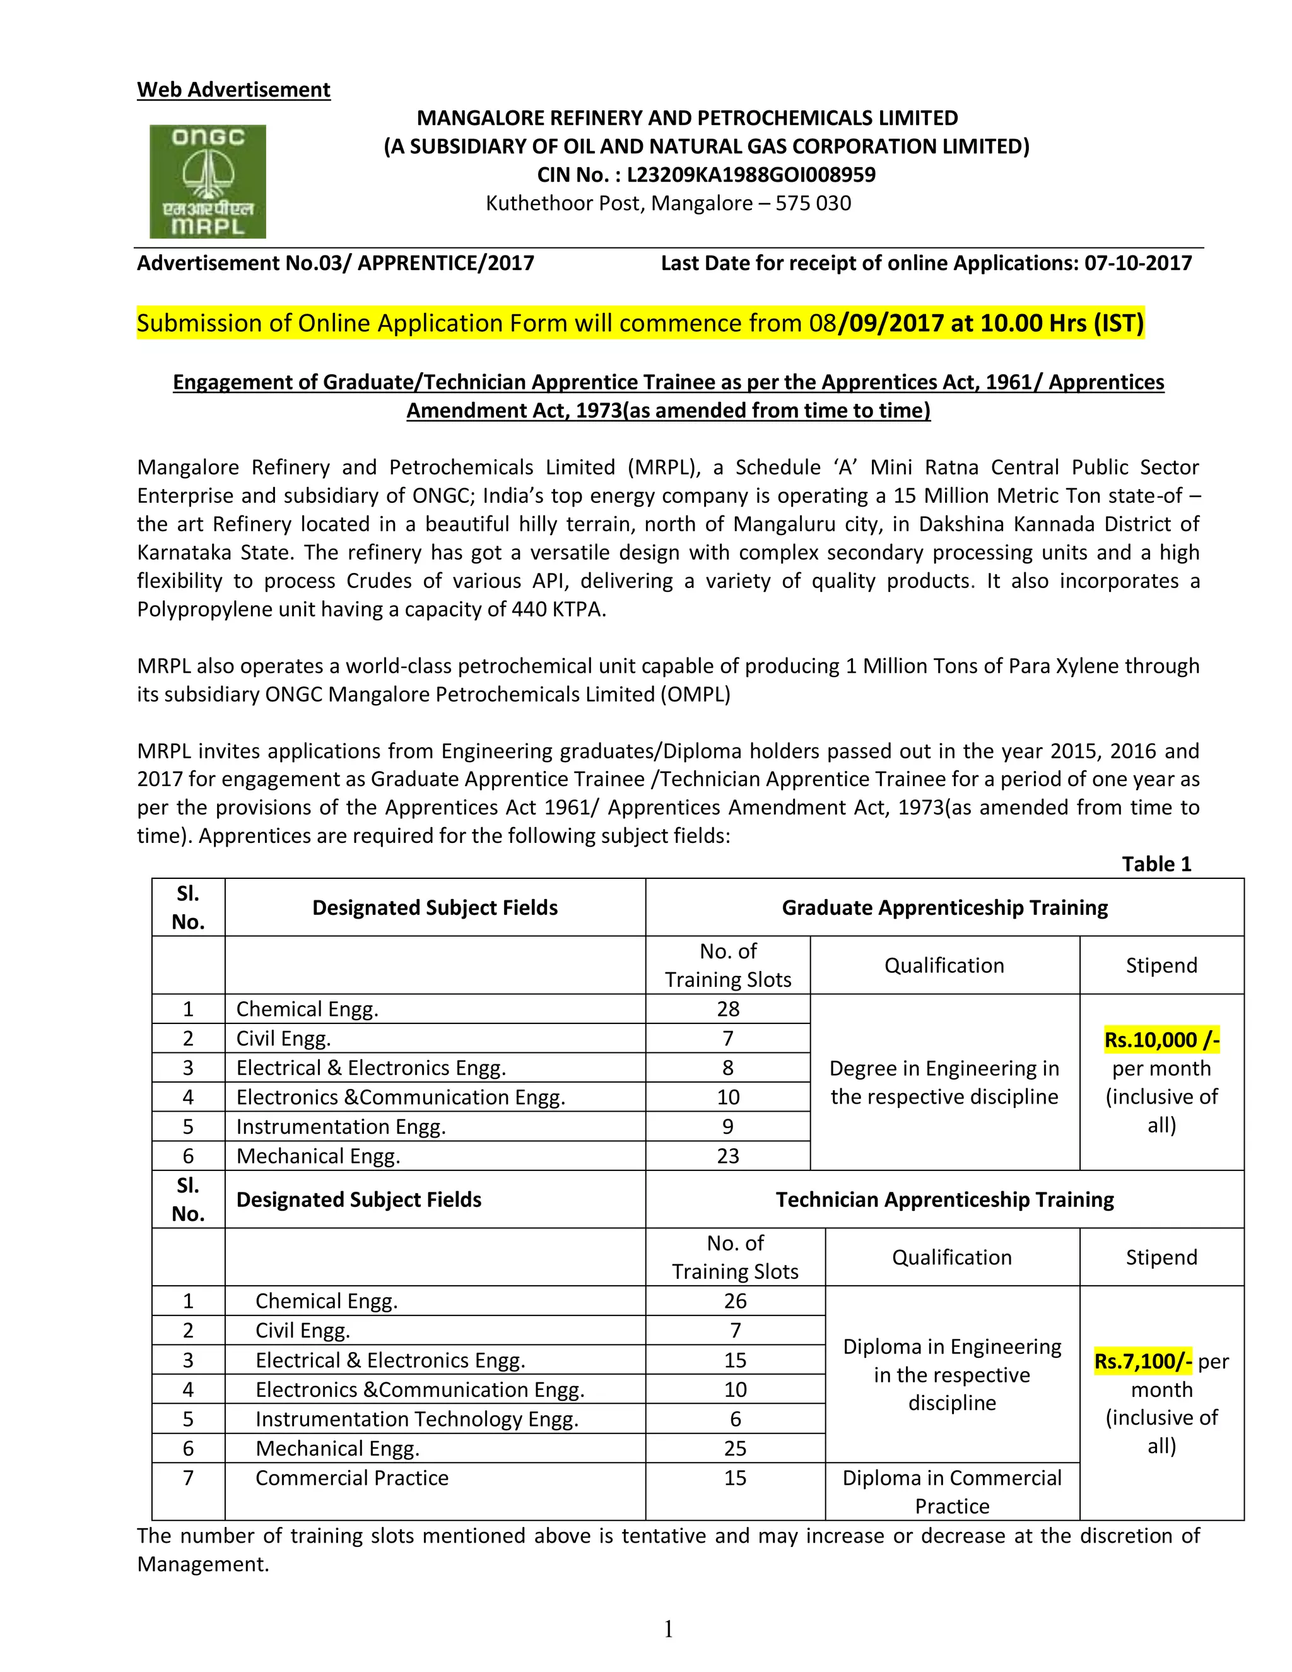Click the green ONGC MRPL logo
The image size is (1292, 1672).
208,182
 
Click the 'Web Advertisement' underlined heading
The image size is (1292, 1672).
233,90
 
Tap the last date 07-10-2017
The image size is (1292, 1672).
1137,263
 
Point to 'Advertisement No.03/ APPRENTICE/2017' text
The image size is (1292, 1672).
335,263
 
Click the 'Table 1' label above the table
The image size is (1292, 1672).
1156,864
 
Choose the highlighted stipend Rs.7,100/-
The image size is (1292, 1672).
1142,1361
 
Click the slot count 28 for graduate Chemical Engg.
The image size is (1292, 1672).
728,1009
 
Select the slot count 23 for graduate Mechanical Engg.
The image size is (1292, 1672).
728,1156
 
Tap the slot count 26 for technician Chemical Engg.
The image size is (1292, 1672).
735,1302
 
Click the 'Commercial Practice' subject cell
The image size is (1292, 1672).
351,1478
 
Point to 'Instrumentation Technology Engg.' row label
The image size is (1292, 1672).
416,1420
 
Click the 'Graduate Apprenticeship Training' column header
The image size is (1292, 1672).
944,908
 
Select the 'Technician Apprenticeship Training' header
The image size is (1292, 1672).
944,1199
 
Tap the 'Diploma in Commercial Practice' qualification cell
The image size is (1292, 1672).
951,1492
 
